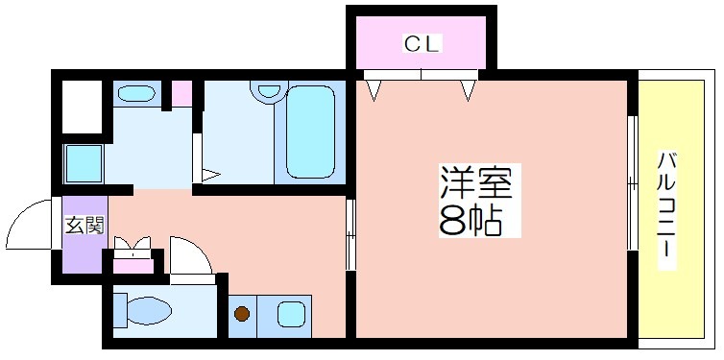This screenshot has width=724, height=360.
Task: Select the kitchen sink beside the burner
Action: (x=290, y=313)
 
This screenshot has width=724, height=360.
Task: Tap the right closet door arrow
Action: (x=468, y=89)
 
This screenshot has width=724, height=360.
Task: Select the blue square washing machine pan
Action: (x=83, y=162)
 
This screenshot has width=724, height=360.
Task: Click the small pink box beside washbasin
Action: (x=181, y=94)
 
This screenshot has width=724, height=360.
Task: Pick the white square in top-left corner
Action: (x=82, y=107)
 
